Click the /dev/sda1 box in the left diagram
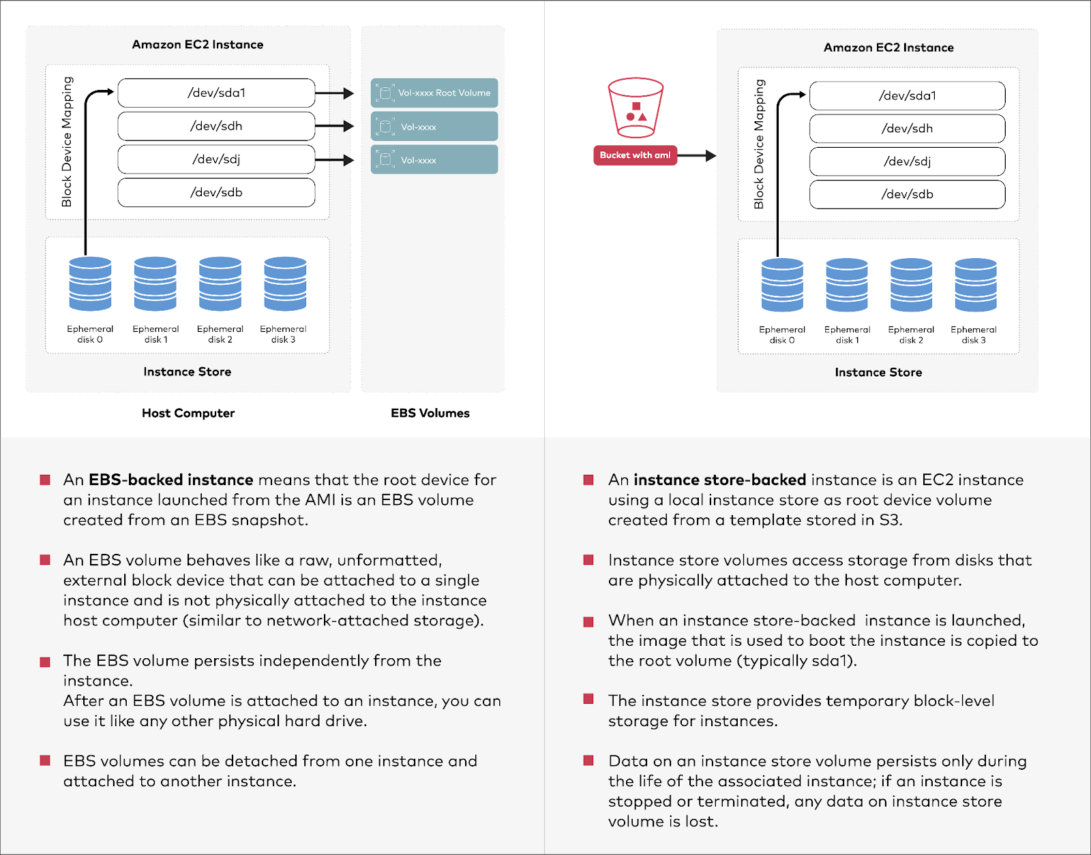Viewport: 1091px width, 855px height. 216,93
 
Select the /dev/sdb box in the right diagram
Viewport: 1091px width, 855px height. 907,194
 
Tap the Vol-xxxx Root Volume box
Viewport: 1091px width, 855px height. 434,93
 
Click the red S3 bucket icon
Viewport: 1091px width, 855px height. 636,108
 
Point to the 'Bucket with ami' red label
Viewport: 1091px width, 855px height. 635,155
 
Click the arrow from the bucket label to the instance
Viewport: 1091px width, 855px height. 696,156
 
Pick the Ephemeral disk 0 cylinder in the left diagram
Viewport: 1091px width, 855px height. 90,283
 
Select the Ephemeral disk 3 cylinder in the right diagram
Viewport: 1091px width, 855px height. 975,285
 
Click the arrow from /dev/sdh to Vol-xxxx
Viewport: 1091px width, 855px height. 334,126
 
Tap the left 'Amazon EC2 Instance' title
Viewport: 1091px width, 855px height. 198,44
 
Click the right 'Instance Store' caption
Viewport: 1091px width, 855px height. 878,373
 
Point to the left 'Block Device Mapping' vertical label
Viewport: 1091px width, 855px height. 67,142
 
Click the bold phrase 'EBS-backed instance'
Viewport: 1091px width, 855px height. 171,480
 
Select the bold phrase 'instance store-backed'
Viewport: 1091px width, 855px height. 719,480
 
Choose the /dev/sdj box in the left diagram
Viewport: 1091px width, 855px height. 216,159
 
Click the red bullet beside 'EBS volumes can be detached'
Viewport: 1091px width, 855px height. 45,760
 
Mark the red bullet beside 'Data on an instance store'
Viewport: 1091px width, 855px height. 588,760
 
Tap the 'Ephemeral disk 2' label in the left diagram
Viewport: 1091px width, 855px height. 220,334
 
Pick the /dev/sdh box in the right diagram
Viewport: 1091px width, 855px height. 907,129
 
